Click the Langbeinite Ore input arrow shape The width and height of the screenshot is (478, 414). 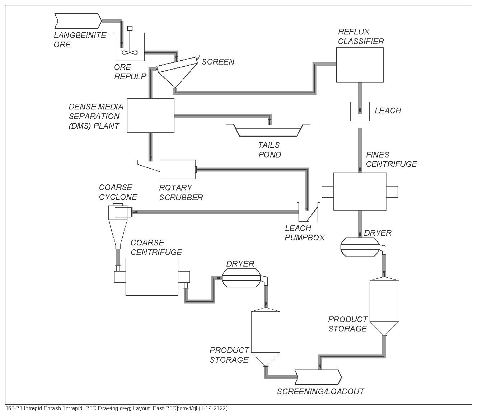(x=78, y=21)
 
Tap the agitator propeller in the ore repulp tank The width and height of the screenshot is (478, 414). (x=129, y=52)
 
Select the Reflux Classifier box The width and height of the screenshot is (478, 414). (x=360, y=65)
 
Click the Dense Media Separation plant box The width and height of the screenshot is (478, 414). (x=151, y=116)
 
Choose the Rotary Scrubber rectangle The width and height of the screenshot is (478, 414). (x=177, y=169)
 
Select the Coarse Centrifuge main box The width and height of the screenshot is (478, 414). (x=152, y=277)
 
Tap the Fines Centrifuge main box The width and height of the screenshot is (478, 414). (x=360, y=192)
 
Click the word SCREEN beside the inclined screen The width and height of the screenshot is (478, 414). (x=218, y=62)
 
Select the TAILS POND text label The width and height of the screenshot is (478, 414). (x=270, y=150)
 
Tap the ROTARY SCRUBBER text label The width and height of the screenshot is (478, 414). (x=181, y=193)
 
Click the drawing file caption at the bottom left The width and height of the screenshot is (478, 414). (x=117, y=409)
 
